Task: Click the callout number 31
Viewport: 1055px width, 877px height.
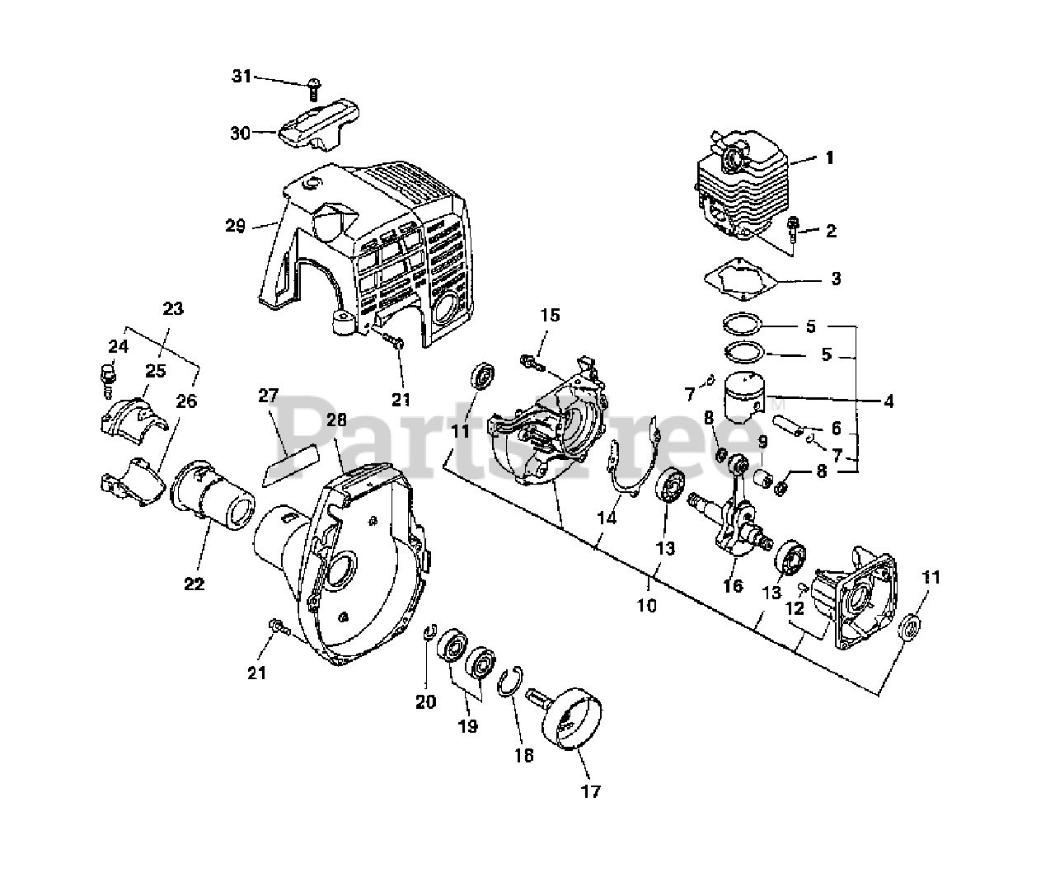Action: [240, 77]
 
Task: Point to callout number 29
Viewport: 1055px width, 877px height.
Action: [236, 225]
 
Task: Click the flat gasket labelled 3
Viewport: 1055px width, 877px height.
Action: [745, 279]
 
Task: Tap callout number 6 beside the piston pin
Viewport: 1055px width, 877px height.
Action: [836, 428]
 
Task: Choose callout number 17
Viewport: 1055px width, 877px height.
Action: [591, 792]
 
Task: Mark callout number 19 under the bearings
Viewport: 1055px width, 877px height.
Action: [467, 726]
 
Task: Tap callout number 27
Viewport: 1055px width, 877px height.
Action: [268, 395]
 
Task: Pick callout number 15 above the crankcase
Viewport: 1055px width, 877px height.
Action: [550, 315]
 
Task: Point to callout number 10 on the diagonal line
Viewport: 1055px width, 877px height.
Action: [647, 606]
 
